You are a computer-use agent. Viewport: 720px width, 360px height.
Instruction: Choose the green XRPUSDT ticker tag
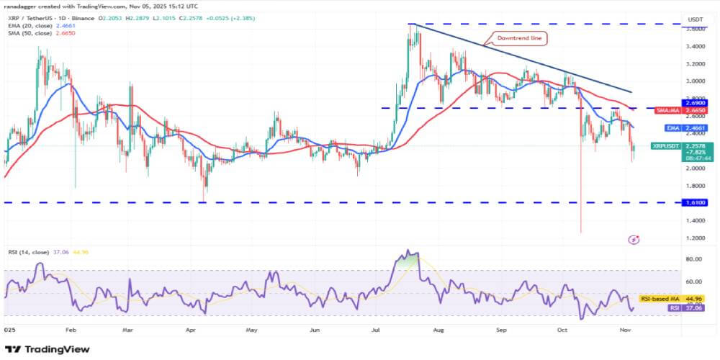(666, 145)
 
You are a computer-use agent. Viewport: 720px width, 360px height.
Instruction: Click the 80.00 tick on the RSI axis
(695, 258)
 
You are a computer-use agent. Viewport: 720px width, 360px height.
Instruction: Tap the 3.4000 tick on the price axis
(695, 46)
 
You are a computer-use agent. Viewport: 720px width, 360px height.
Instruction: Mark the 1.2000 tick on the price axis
(695, 238)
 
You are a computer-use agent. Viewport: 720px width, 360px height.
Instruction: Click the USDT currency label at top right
(696, 19)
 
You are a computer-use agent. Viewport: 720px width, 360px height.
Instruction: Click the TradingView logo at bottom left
(49, 349)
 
